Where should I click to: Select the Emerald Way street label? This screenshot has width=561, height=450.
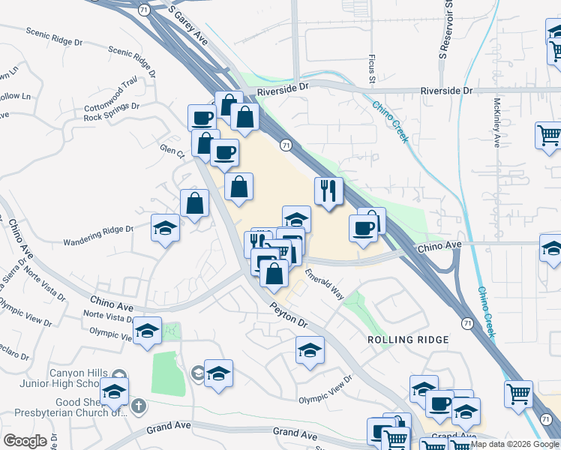point(325,286)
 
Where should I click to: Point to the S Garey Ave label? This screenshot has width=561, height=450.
point(187,24)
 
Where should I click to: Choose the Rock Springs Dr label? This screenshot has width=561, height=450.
point(112,117)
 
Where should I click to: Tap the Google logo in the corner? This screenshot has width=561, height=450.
point(25,441)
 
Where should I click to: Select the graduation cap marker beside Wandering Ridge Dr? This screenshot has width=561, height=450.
point(165,228)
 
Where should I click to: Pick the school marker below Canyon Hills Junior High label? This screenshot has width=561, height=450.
point(115,391)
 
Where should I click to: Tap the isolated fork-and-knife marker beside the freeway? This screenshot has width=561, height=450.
point(328,191)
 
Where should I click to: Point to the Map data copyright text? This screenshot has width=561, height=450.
point(514,444)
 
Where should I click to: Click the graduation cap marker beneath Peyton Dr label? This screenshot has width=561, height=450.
point(309,350)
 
